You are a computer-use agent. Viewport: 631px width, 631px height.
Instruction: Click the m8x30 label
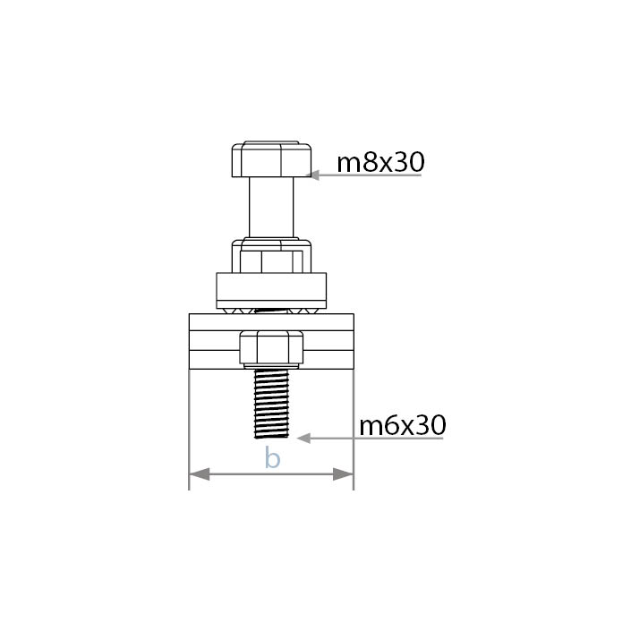[x=380, y=162]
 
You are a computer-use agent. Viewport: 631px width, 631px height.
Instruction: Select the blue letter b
[x=272, y=457]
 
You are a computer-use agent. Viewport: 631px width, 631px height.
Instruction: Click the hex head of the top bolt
[x=271, y=159]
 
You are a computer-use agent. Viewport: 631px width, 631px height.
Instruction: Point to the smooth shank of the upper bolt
[x=271, y=208]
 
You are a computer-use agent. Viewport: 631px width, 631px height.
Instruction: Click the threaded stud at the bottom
[x=271, y=404]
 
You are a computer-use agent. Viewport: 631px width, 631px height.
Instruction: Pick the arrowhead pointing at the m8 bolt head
[x=312, y=175]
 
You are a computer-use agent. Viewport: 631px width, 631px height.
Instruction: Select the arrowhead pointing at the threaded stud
[x=303, y=439]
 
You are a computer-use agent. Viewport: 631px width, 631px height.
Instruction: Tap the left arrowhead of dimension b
[x=200, y=474]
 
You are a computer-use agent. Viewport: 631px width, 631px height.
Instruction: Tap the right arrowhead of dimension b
[x=344, y=474]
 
